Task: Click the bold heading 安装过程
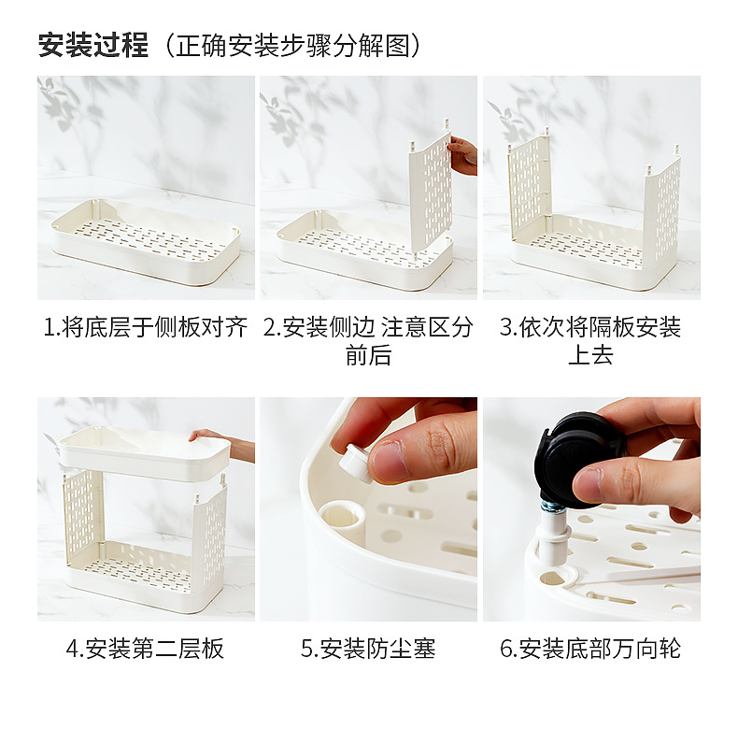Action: point(93,46)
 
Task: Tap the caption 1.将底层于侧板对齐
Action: point(146,327)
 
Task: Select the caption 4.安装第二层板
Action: point(146,649)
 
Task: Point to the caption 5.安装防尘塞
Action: point(368,649)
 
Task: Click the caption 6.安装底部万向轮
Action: point(590,649)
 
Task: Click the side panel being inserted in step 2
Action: point(431,189)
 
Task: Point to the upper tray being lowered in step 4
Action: point(144,453)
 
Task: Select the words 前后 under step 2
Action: point(368,355)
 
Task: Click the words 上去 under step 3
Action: point(590,355)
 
